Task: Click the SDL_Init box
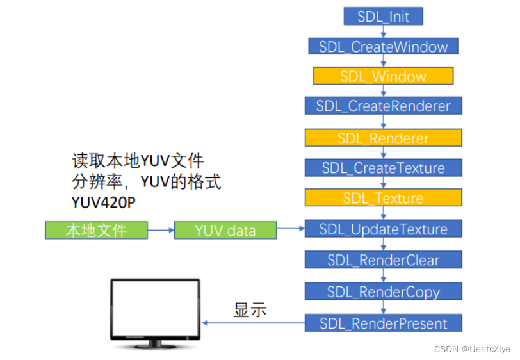[x=383, y=16]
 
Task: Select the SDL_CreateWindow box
[x=383, y=46]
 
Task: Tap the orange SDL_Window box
[x=383, y=76]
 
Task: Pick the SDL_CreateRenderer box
[x=383, y=106]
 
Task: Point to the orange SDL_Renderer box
[x=383, y=138]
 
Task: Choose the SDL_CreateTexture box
[x=383, y=168]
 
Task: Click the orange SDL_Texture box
[x=383, y=198]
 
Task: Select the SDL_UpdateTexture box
[x=383, y=229]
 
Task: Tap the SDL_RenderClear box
[x=383, y=260]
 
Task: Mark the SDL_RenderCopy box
[x=383, y=291]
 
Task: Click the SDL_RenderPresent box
[x=383, y=323]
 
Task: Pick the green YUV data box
[x=225, y=230]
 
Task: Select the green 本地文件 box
[x=96, y=230]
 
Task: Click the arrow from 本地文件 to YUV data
[x=161, y=230]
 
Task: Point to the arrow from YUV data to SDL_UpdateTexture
[x=291, y=229]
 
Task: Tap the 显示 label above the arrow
[x=249, y=311]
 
